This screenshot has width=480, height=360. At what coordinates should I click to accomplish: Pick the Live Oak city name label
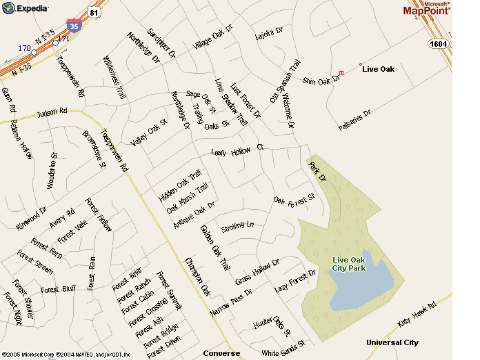tap(380, 69)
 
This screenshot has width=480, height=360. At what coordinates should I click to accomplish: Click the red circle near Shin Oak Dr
tap(342, 73)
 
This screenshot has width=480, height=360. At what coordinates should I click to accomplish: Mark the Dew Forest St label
tap(294, 198)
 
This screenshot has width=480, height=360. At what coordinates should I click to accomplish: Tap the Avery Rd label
tap(63, 215)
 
